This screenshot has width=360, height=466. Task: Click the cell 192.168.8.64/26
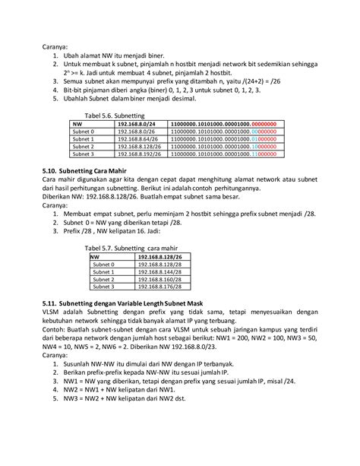click(x=141, y=139)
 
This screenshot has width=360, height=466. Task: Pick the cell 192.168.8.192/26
click(x=144, y=154)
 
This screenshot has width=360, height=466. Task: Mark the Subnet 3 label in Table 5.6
click(x=84, y=154)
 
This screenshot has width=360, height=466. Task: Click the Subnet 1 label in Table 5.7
click(x=103, y=271)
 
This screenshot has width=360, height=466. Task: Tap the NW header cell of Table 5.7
click(x=96, y=257)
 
